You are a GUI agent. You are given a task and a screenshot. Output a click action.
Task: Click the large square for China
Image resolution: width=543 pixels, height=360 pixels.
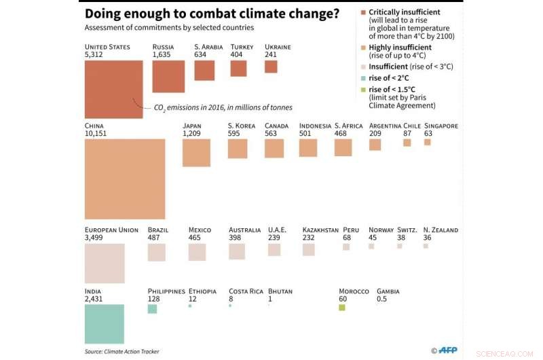[x=125, y=179]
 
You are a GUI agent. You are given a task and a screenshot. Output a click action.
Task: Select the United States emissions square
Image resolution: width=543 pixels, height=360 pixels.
[x=113, y=89]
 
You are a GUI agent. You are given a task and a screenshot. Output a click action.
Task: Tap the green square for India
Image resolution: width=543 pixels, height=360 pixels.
[x=105, y=323]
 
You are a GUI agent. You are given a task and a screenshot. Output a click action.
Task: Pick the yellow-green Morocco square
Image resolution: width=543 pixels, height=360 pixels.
[x=342, y=308]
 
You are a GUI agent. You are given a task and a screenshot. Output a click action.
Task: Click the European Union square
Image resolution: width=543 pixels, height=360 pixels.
[x=105, y=263]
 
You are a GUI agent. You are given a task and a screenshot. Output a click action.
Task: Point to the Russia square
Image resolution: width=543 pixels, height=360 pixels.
[x=168, y=76]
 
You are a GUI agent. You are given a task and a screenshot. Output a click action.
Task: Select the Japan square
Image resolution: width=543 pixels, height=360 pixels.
[x=196, y=153]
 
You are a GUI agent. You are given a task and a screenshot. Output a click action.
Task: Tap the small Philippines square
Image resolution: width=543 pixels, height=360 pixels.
[x=152, y=308]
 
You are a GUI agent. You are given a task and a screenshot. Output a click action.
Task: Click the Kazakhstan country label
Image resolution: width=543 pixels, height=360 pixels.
[x=320, y=230]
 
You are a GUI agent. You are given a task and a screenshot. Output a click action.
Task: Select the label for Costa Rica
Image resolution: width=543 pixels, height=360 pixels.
[x=246, y=291]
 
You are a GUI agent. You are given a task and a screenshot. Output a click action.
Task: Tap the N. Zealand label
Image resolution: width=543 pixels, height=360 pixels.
[x=441, y=230]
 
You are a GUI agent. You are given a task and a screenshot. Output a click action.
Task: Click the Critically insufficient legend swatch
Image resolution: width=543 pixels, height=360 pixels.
[x=364, y=12]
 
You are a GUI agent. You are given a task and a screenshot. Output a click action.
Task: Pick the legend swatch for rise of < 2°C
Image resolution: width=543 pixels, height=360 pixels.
[x=364, y=78]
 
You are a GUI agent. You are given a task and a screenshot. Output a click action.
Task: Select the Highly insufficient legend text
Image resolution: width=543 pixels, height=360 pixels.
[x=400, y=48]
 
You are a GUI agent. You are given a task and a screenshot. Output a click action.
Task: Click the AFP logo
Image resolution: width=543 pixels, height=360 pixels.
[x=447, y=350]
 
